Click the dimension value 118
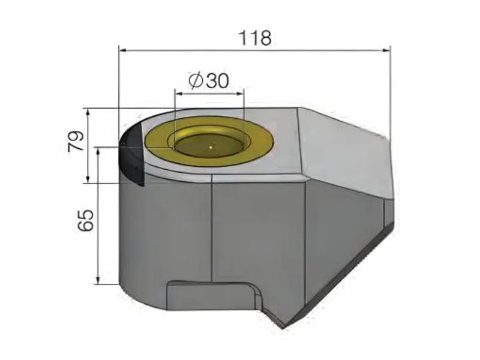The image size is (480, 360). (255, 37)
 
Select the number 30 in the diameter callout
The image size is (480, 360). (217, 81)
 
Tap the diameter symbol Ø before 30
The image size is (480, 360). (195, 81)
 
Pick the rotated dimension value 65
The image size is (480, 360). (86, 220)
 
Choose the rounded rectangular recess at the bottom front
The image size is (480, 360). (213, 296)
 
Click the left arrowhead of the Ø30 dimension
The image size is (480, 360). (177, 92)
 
